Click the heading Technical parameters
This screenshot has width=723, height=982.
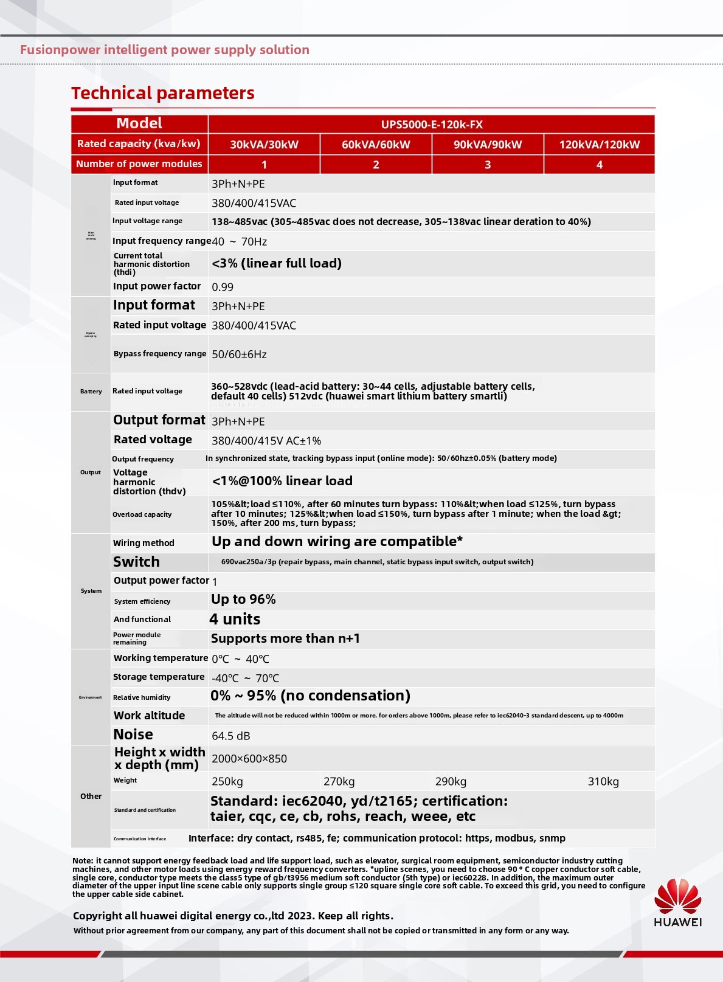[x=163, y=93]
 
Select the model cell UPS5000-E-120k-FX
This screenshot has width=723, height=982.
[x=432, y=125]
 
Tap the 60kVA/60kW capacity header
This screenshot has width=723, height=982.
[x=376, y=145]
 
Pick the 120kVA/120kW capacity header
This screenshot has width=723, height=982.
[x=599, y=145]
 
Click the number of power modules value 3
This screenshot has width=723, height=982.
[x=488, y=165]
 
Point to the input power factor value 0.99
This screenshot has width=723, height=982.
[x=223, y=287]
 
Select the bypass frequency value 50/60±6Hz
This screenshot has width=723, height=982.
[x=239, y=354]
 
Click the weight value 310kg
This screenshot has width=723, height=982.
[x=603, y=781]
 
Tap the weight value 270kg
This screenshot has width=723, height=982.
[x=339, y=781]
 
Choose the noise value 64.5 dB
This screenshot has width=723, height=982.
[x=230, y=736]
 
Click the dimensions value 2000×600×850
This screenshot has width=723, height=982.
[x=249, y=759]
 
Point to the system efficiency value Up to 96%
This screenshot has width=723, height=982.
[x=243, y=600]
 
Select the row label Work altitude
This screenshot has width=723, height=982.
[x=149, y=716]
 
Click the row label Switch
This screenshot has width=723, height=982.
[x=136, y=562]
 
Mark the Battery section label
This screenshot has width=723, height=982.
[x=91, y=392]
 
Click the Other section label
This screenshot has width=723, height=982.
[x=91, y=797]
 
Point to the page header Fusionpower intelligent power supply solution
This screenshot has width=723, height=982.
[x=165, y=50]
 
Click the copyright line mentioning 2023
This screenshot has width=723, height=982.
[x=233, y=916]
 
